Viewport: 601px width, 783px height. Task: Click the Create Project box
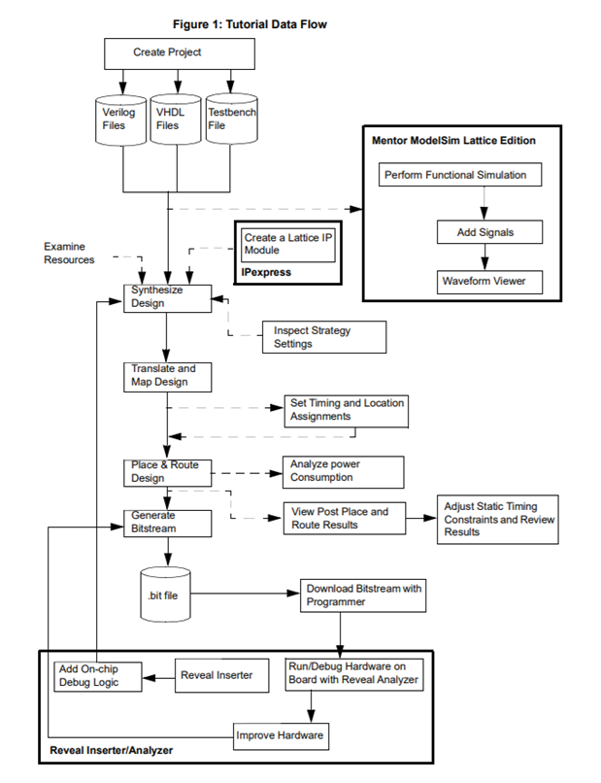tap(180, 54)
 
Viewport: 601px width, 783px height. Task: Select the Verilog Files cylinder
tap(120, 120)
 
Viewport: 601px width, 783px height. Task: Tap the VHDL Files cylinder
tap(176, 119)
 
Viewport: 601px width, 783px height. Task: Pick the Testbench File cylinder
tap(232, 119)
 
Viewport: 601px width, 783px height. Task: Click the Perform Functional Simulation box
tap(460, 175)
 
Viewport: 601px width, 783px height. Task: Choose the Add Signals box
tap(489, 232)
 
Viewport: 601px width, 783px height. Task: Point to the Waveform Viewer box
tap(489, 282)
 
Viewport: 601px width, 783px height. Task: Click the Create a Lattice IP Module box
tap(288, 245)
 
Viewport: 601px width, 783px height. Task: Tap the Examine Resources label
tap(69, 254)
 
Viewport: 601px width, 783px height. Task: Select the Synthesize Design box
tap(168, 298)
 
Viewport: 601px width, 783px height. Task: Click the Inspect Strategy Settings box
tap(324, 337)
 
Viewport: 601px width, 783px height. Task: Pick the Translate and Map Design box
tap(168, 377)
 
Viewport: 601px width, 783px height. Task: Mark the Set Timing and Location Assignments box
tap(347, 412)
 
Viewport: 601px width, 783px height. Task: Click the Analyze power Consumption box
tap(344, 472)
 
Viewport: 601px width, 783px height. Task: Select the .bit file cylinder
tap(165, 595)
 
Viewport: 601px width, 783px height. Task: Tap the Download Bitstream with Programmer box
tap(363, 596)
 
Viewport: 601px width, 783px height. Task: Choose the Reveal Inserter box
tap(221, 675)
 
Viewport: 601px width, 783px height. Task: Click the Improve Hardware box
tap(281, 736)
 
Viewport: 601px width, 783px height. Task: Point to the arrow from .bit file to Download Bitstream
tap(245, 594)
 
